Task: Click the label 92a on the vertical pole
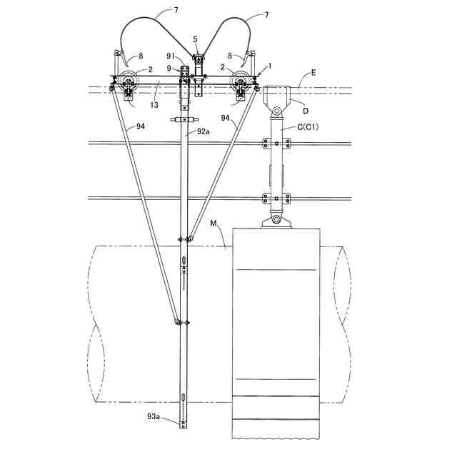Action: coord(201,131)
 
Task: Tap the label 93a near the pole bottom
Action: coord(155,416)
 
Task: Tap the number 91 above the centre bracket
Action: coord(171,56)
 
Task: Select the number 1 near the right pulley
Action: coord(268,65)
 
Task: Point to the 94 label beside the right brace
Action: coord(225,116)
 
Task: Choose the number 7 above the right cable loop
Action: coord(266,14)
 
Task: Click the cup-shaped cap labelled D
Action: coord(278,95)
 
